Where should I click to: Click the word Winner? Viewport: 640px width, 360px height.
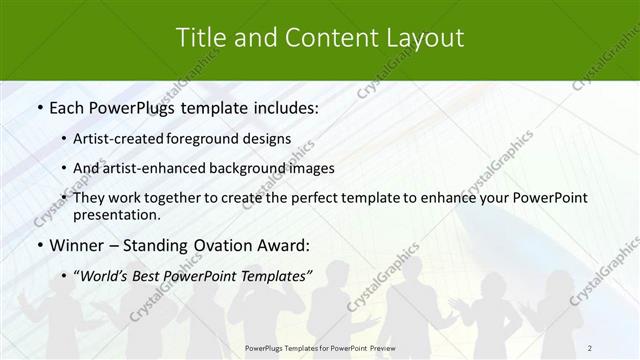(77, 245)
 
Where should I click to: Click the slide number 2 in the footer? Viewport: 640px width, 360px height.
(590, 348)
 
